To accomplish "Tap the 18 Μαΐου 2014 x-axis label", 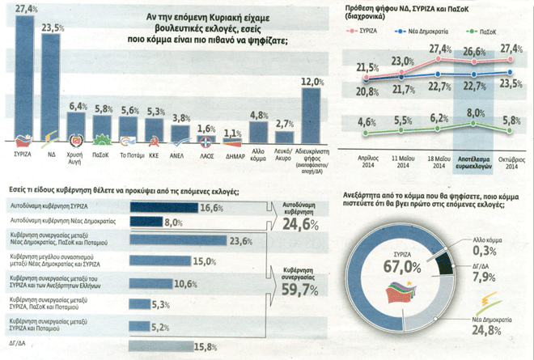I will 439,160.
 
